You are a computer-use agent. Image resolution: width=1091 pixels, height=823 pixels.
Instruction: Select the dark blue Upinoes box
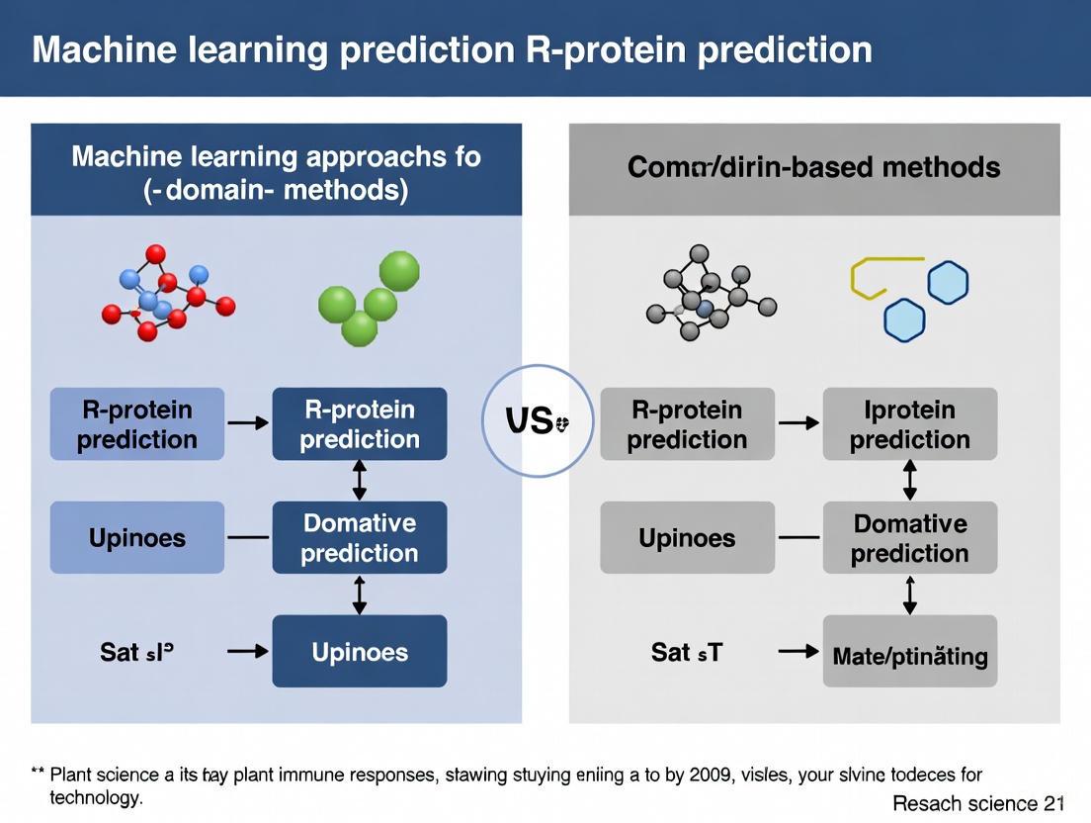[360, 651]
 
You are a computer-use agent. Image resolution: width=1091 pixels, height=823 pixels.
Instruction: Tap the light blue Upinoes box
[137, 537]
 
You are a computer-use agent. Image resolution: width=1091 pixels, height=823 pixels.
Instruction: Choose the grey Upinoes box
[687, 537]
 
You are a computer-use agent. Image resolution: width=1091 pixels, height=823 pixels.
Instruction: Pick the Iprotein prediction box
[910, 423]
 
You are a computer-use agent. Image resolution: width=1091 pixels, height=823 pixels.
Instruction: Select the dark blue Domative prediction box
[360, 537]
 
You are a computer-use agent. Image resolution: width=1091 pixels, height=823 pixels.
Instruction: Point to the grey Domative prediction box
[910, 537]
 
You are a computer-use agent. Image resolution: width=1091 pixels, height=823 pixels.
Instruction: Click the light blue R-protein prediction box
[137, 423]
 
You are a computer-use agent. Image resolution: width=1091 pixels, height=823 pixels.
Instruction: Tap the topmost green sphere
[399, 271]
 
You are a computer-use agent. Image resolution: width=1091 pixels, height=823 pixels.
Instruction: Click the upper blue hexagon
[948, 283]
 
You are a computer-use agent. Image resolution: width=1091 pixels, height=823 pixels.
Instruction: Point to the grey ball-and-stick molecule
[710, 293]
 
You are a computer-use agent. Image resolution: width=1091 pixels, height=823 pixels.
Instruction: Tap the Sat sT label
[687, 652]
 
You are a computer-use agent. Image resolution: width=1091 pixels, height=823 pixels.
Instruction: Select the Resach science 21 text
[978, 803]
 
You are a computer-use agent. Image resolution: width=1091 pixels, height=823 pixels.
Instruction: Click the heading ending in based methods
[813, 167]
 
